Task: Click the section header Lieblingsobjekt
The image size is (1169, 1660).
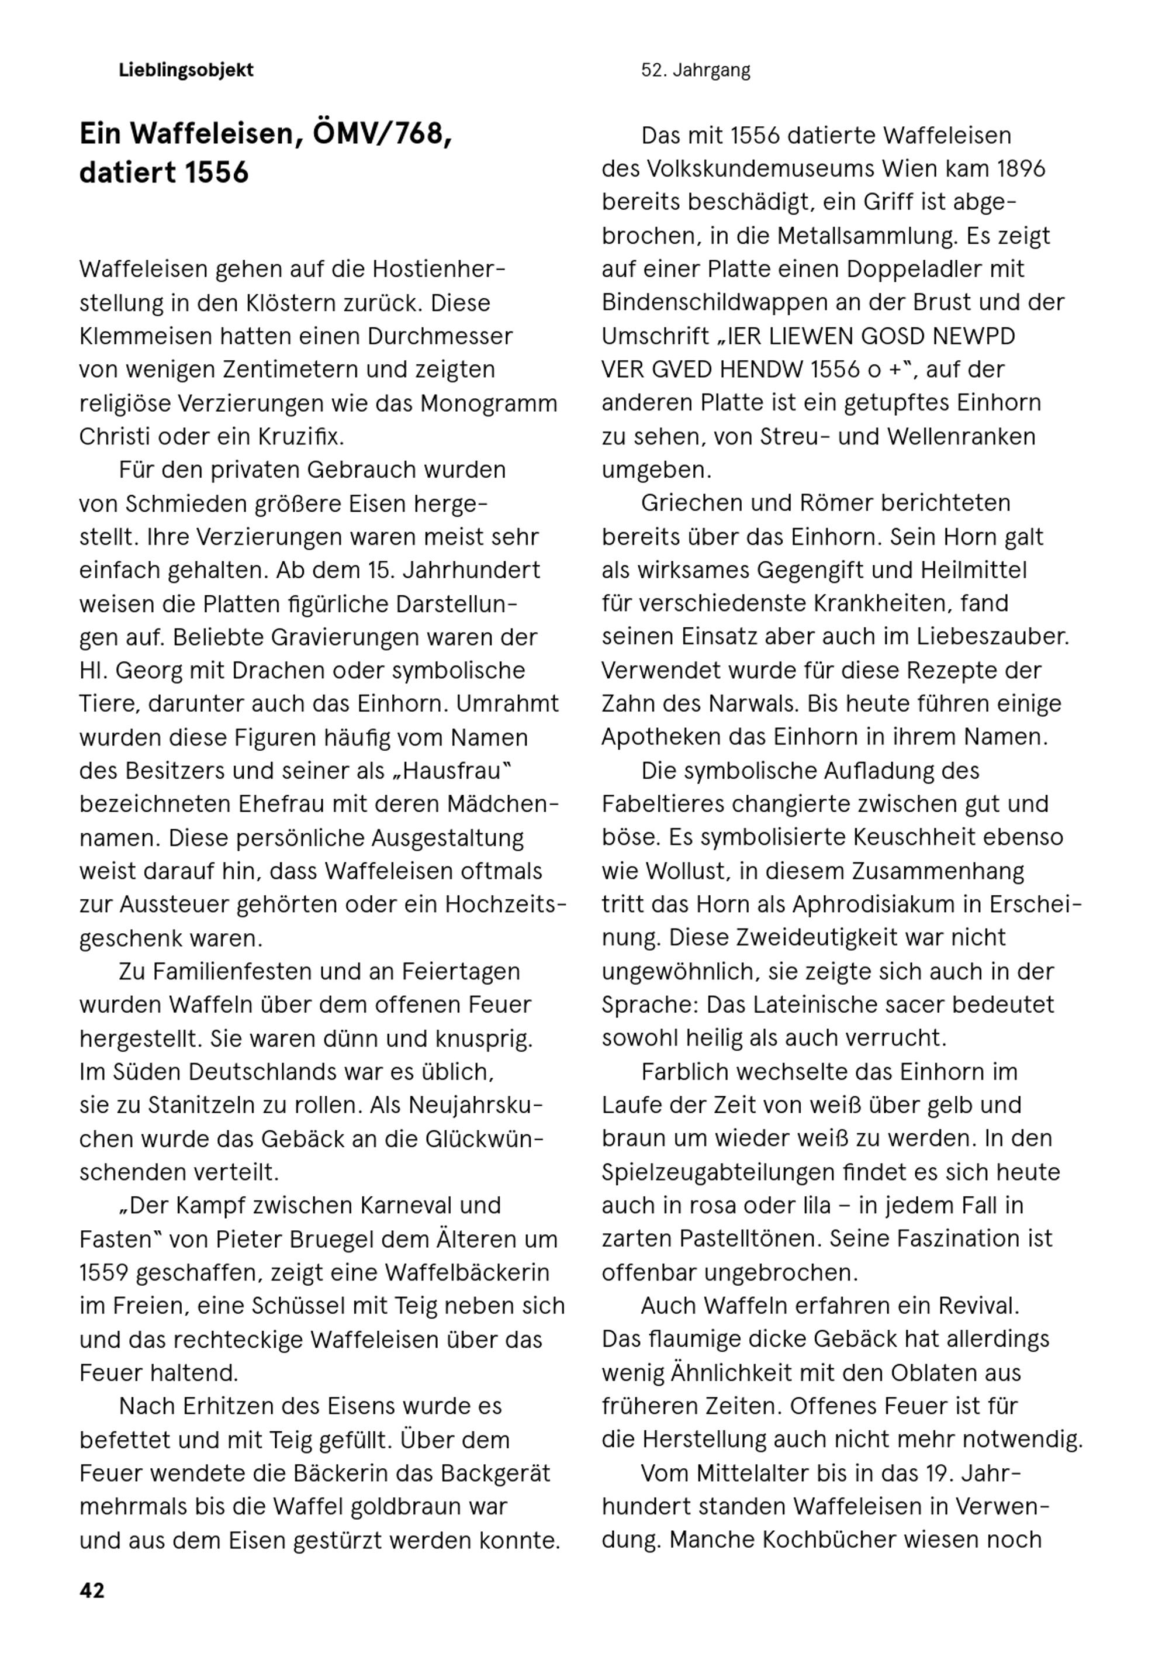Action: point(186,70)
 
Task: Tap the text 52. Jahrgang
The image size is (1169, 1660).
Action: point(695,70)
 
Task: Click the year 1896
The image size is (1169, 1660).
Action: point(1021,168)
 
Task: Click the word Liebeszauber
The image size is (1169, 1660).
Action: point(992,636)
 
